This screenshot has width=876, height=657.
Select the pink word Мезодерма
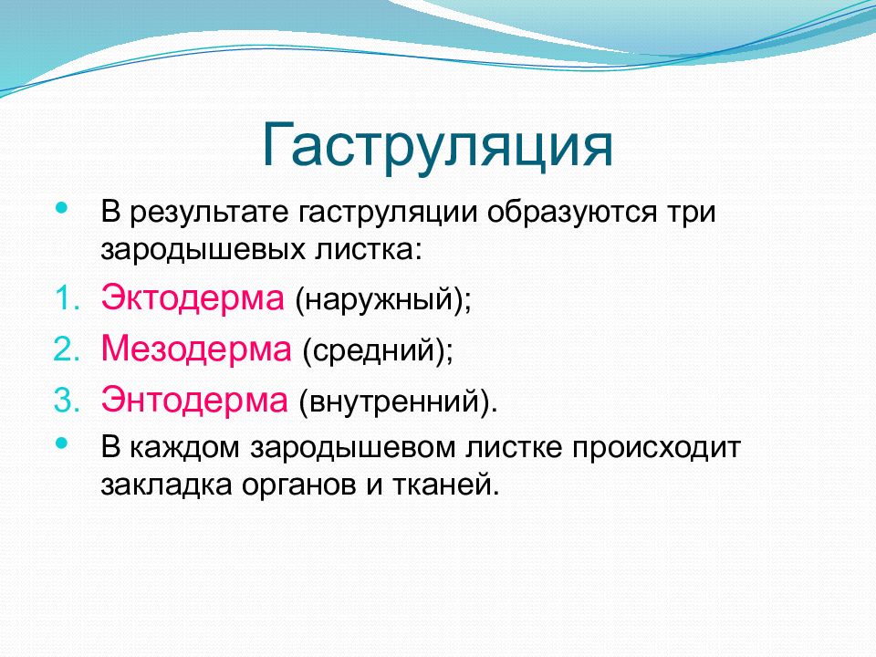pyautogui.click(x=196, y=349)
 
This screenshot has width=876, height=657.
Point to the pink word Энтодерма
pyautogui.click(x=194, y=400)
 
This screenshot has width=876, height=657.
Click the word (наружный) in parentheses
pyautogui.click(x=383, y=299)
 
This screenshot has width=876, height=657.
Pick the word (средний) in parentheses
pyautogui.click(x=378, y=350)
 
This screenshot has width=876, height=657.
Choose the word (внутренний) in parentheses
pyautogui.click(x=398, y=401)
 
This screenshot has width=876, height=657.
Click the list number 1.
pyautogui.click(x=68, y=299)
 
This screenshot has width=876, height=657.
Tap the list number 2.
pyautogui.click(x=67, y=349)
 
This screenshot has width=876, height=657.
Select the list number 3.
pyautogui.click(x=67, y=401)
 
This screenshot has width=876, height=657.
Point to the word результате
pyautogui.click(x=210, y=214)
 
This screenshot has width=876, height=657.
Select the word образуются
pyautogui.click(x=571, y=214)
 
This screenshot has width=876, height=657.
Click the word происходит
pyautogui.click(x=656, y=449)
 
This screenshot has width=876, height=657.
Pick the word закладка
pyautogui.click(x=166, y=485)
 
